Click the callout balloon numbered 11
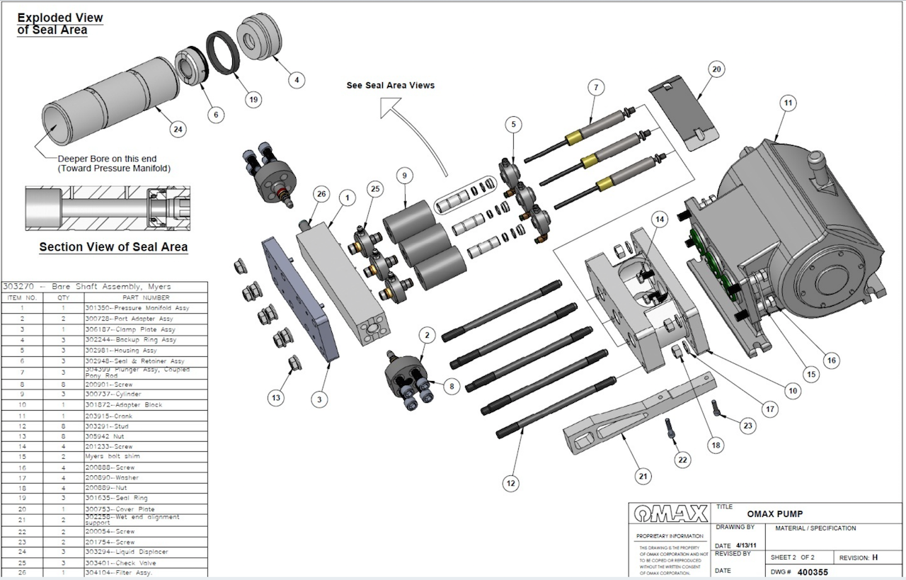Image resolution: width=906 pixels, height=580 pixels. (786, 102)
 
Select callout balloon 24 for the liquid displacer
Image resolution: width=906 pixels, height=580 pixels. (178, 129)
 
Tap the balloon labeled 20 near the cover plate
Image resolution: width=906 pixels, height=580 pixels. (716, 69)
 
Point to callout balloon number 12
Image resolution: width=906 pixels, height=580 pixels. (510, 483)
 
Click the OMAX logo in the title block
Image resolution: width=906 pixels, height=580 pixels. (670, 512)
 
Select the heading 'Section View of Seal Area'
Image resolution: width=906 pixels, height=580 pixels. (113, 247)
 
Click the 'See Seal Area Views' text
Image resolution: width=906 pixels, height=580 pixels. (390, 85)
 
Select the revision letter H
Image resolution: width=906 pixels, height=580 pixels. (875, 557)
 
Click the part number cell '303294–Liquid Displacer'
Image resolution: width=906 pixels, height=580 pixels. (126, 552)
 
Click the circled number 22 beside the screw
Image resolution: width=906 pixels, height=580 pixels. (682, 460)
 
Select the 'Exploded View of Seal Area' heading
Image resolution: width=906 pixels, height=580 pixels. (60, 24)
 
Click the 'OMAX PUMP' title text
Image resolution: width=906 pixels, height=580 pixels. (774, 514)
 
